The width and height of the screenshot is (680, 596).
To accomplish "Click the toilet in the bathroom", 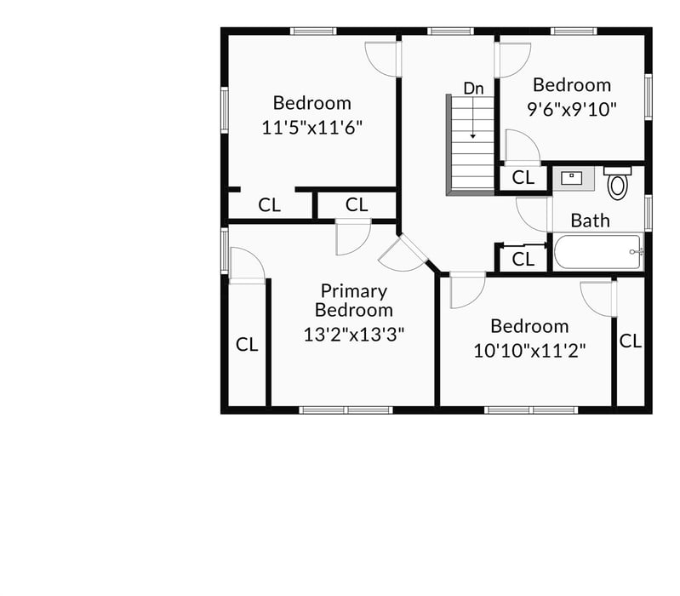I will pyautogui.click(x=618, y=183).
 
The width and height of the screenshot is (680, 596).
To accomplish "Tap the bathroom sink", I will pyautogui.click(x=572, y=178).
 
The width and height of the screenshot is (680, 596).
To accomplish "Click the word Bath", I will pyautogui.click(x=590, y=221).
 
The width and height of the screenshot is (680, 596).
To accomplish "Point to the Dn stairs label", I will pyautogui.click(x=473, y=88).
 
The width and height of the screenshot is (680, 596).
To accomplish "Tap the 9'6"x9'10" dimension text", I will pyautogui.click(x=572, y=108).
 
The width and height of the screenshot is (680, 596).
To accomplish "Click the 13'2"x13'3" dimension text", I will pyautogui.click(x=354, y=334).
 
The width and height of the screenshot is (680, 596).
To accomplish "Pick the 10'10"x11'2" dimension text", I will pyautogui.click(x=529, y=349).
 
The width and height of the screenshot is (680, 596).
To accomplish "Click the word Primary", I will pyautogui.click(x=354, y=291).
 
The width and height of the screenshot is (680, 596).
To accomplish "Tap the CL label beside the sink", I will pyautogui.click(x=523, y=178).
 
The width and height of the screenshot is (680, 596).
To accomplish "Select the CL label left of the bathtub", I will pyautogui.click(x=523, y=259).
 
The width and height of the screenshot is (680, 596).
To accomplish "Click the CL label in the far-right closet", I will pyautogui.click(x=630, y=341).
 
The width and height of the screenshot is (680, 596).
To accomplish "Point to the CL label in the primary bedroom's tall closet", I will pyautogui.click(x=247, y=345).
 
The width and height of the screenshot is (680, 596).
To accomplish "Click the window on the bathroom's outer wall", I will pyautogui.click(x=647, y=213).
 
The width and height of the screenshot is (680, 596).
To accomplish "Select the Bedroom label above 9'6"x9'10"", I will pyautogui.click(x=572, y=85).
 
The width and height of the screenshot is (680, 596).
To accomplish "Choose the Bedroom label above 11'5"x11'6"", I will pyautogui.click(x=311, y=103).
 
